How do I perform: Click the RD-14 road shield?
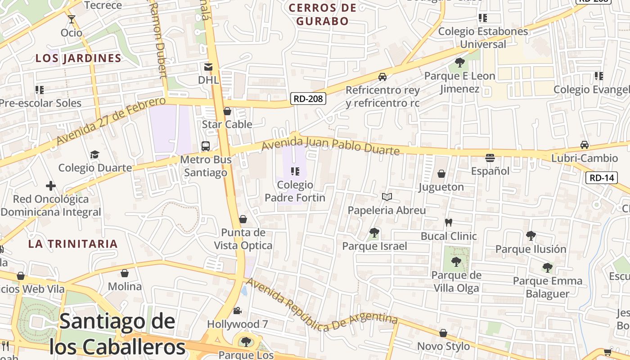[x=602, y=178]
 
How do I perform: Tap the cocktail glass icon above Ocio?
[x=72, y=19]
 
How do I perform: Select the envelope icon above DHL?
[x=208, y=67]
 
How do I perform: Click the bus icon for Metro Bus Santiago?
[x=206, y=146]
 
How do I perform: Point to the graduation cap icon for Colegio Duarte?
[x=94, y=155]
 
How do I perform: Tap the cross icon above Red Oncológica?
[x=51, y=185]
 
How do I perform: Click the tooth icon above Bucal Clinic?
[x=448, y=222]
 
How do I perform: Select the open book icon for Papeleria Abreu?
[x=387, y=197]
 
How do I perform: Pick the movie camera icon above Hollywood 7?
[x=237, y=310]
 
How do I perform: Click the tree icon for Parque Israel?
[x=374, y=233]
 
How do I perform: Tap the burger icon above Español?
[x=490, y=158]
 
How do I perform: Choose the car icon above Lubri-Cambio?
[x=584, y=145]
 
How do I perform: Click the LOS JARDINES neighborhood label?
[x=78, y=58]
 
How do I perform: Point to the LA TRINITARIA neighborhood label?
[x=72, y=244]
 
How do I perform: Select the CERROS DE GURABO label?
[x=323, y=14]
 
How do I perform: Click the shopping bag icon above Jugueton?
[x=441, y=174]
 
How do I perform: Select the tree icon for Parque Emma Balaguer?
[x=547, y=268]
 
